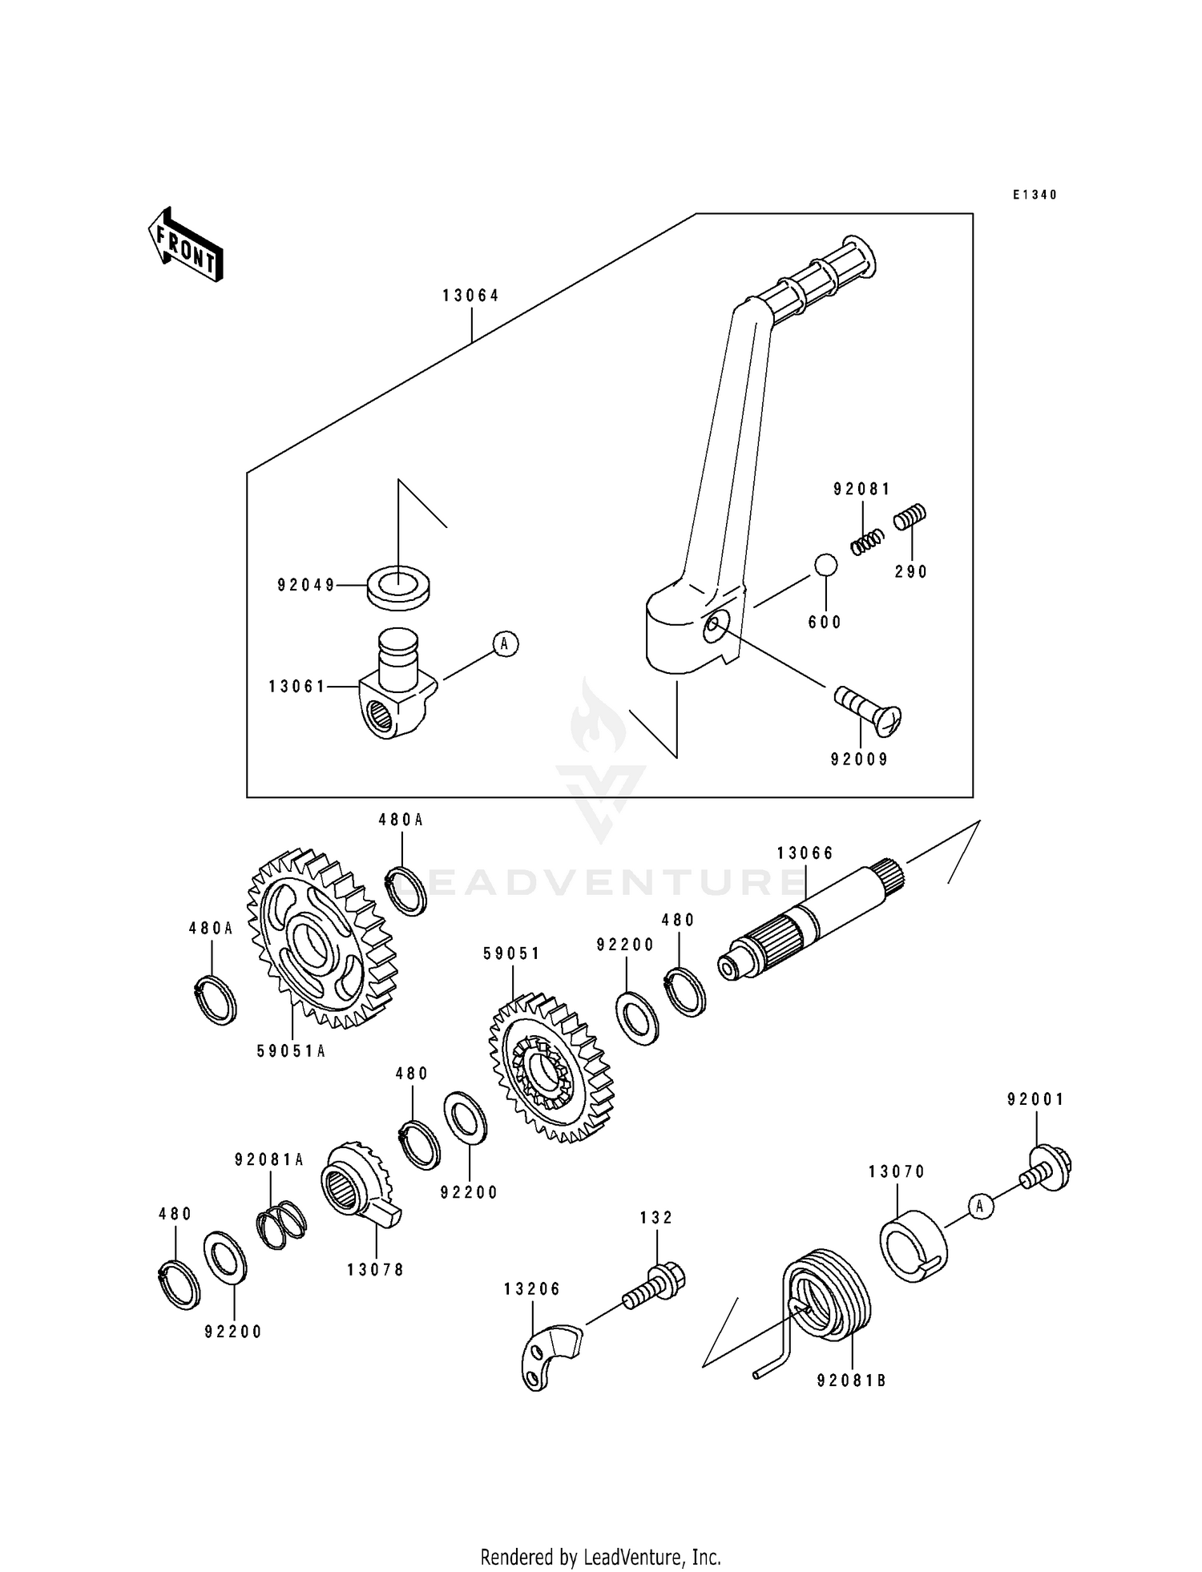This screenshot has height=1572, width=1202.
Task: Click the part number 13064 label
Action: point(470,296)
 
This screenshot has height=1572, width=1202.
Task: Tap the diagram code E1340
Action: point(1035,195)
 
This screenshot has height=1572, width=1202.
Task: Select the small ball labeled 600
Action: point(825,565)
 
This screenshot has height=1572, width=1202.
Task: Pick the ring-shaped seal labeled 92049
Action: point(397,586)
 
